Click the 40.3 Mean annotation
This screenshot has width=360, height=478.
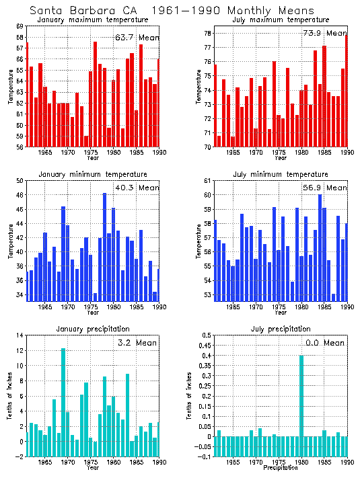pos(137,188)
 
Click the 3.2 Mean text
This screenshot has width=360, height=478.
pos(137,343)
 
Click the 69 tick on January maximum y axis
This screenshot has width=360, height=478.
pos(20,26)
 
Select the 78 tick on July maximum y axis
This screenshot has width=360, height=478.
pos(207,34)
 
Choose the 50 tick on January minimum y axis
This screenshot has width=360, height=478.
pos(20,181)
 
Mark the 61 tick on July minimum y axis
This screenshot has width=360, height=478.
pos(207,181)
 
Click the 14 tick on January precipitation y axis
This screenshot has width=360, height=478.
pos(20,335)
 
